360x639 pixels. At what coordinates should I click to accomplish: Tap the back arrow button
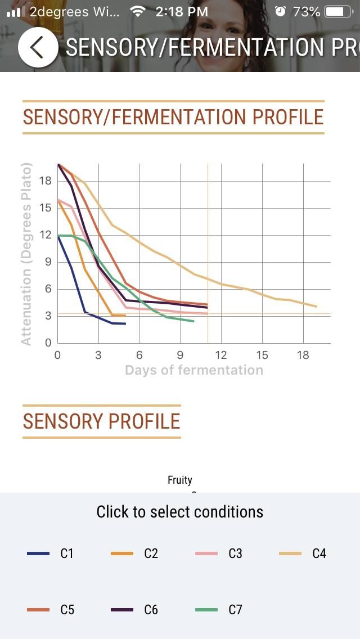point(38,47)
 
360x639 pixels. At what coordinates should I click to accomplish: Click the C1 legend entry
point(54,553)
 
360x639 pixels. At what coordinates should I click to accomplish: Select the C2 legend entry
point(138,553)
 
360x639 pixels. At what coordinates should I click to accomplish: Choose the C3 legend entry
point(223,553)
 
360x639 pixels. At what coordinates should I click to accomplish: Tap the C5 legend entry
point(54,609)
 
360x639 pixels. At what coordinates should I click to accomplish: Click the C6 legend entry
point(138,609)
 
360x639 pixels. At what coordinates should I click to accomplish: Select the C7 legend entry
point(223,609)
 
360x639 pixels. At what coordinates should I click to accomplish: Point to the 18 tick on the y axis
point(46,181)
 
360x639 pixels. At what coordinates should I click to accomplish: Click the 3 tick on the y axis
point(48,316)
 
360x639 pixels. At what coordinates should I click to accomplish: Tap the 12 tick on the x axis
point(221,355)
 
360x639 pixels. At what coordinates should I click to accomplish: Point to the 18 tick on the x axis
point(303,355)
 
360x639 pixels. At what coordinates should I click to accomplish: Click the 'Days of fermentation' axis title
point(193,370)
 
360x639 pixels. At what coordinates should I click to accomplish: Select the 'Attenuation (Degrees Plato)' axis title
point(26,254)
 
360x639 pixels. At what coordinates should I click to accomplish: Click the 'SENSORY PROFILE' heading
point(101,421)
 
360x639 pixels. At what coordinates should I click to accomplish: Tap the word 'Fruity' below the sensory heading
point(180,480)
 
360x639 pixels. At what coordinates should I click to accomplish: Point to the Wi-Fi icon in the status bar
point(137,11)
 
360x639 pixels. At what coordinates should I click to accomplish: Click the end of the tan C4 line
point(317,307)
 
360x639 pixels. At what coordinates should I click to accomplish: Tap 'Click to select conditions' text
point(180,512)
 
